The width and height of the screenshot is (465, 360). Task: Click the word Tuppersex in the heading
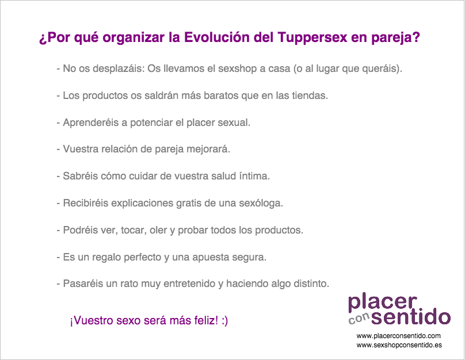pyautogui.click(x=312, y=37)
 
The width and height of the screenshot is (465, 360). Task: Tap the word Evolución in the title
pyautogui.click(x=217, y=37)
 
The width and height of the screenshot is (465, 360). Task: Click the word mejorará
pyautogui.click(x=208, y=149)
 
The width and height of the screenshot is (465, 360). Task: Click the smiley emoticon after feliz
pyautogui.click(x=224, y=320)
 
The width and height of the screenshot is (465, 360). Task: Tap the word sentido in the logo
pyautogui.click(x=411, y=316)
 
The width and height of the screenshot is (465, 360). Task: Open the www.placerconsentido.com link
pyautogui.click(x=399, y=336)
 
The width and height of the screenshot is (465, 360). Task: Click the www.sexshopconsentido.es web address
pyautogui.click(x=399, y=345)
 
